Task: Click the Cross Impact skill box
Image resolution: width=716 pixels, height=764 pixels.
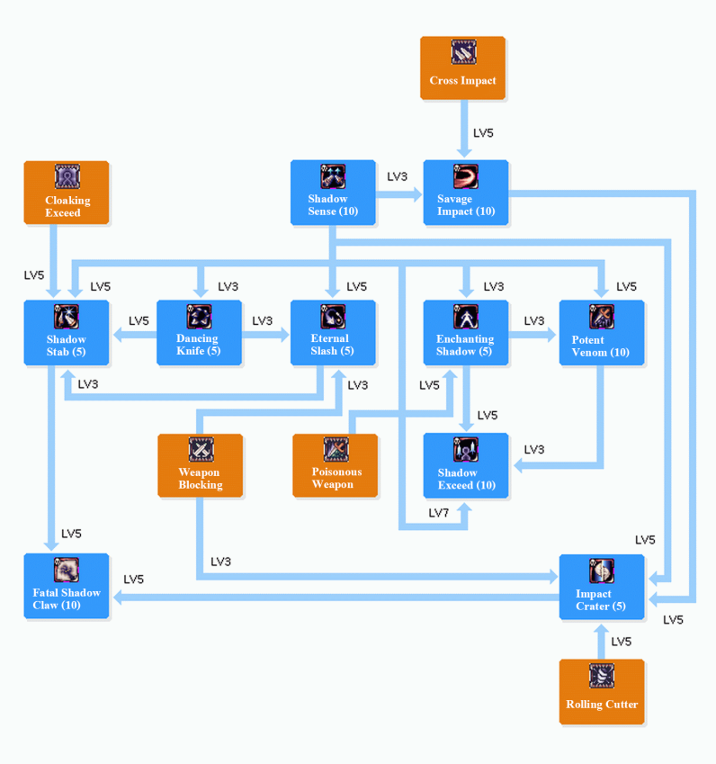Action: pos(462,67)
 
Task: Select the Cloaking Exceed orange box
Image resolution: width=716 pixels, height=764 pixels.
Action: pos(67,193)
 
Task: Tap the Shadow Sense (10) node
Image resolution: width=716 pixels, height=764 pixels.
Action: pos(333,193)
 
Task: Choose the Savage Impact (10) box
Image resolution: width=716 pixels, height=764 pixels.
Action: pos(466,193)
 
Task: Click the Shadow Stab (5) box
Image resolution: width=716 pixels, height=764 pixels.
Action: pos(67,333)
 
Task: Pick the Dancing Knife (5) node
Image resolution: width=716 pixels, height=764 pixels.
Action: pos(199,333)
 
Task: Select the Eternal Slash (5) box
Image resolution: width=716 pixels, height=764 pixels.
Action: pos(333,333)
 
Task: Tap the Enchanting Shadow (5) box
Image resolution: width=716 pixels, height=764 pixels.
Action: pos(466,333)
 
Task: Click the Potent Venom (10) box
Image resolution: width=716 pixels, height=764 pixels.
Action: pos(601,333)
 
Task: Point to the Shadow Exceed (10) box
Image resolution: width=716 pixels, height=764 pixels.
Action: pos(466,465)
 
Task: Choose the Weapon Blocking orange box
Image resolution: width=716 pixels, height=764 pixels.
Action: pos(200,465)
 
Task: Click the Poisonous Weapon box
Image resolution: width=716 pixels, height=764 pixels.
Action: pos(335,465)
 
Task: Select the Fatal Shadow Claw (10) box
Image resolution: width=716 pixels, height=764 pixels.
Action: pos(67,586)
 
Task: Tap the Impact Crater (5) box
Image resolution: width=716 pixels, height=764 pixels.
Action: pos(601,586)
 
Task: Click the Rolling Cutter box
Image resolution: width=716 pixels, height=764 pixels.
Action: pos(601,691)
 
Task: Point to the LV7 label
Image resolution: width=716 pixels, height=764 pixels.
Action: pos(438,513)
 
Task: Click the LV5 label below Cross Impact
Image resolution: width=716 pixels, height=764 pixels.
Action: pos(483,133)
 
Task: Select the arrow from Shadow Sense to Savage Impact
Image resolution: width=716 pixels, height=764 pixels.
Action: pos(399,193)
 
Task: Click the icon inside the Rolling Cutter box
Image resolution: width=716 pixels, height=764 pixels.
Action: pos(602,676)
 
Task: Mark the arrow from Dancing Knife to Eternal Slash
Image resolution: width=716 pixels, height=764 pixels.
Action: pos(266,334)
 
